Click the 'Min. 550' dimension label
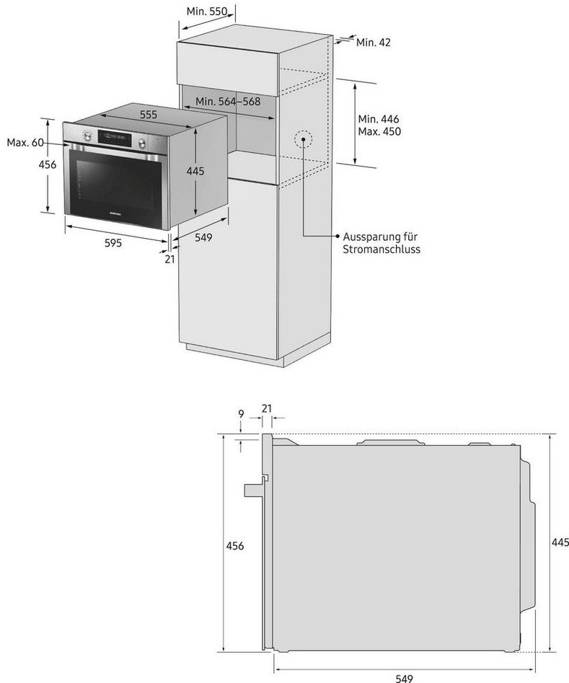coord(206,11)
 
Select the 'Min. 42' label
coord(374,43)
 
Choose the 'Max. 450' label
coord(379,132)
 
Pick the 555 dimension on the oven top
coord(149,115)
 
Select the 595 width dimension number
coord(113,243)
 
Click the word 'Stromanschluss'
coord(381,249)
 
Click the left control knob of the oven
coord(88,135)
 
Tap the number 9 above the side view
coord(240,414)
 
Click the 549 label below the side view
coord(405,676)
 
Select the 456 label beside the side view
coord(234,546)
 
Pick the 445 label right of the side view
coord(560,542)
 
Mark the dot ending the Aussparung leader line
coord(337,236)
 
